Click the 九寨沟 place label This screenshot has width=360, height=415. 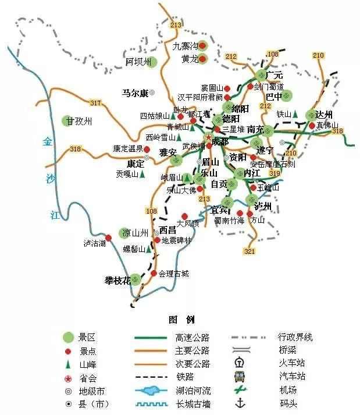click(x=185, y=45)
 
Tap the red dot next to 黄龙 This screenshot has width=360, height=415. click(x=203, y=58)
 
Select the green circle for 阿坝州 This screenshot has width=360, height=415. click(x=153, y=62)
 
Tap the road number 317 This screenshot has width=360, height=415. click(x=96, y=103)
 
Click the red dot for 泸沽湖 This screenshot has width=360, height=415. click(x=108, y=237)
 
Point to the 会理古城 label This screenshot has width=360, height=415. click(x=174, y=273)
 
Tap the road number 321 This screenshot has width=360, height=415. click(x=249, y=251)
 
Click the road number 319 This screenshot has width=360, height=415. click(x=275, y=173)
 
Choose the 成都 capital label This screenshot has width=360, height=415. click(x=221, y=141)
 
